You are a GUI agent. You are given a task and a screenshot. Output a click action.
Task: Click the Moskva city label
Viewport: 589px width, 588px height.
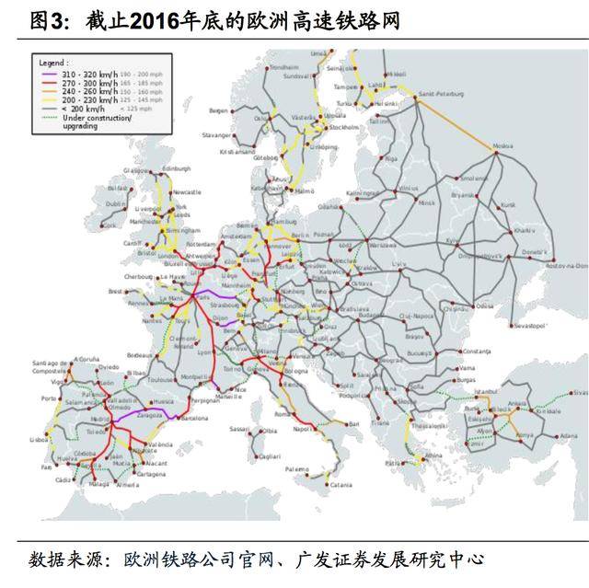[504, 145]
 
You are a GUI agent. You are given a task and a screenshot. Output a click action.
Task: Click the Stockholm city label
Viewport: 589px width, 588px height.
[343, 128]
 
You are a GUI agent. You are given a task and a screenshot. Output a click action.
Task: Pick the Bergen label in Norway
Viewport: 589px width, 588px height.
[218, 110]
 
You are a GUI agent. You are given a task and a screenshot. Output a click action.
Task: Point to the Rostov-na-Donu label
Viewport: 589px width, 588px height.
[565, 265]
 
